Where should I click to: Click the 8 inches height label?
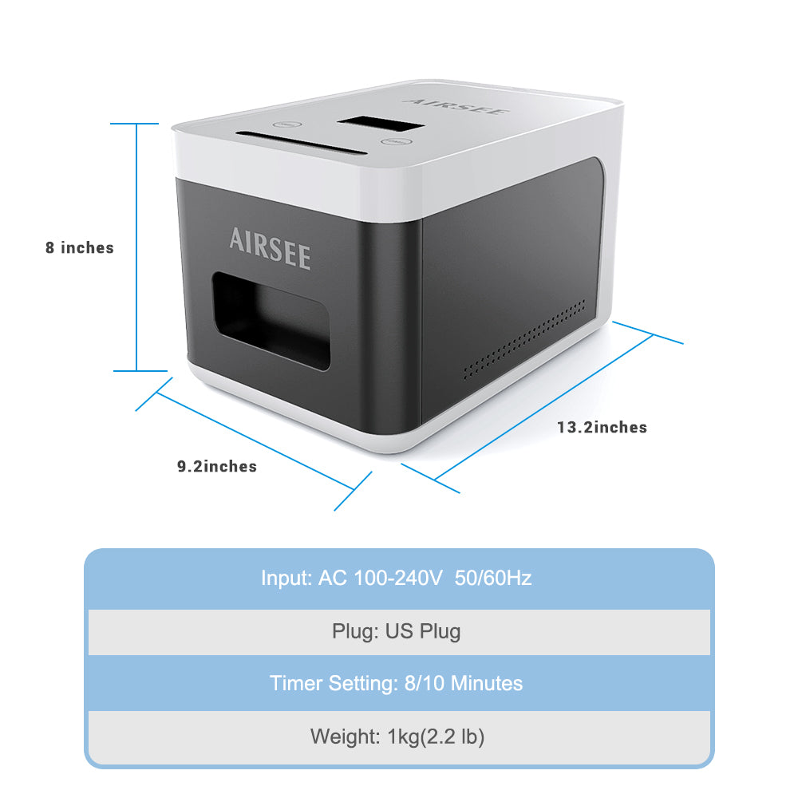point(80,248)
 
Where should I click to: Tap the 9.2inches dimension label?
point(217,466)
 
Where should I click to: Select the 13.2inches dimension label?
point(602,427)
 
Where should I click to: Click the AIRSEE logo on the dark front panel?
point(270,248)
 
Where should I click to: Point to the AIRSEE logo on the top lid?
point(456,107)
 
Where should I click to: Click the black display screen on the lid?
point(380,124)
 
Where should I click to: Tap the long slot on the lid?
point(301,143)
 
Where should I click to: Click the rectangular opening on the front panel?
point(271,321)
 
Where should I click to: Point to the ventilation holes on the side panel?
point(524,339)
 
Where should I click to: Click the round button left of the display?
point(287,124)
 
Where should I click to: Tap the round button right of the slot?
point(396,141)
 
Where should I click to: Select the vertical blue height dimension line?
point(136,247)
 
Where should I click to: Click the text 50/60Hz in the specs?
point(493,578)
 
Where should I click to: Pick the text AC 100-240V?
point(380,578)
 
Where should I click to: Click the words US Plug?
point(423,631)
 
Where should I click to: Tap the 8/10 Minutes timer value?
point(464,683)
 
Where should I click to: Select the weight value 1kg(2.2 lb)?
point(437,737)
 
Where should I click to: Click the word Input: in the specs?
point(286,579)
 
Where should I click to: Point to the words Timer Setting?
point(334,684)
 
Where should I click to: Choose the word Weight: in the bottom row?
point(346,737)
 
